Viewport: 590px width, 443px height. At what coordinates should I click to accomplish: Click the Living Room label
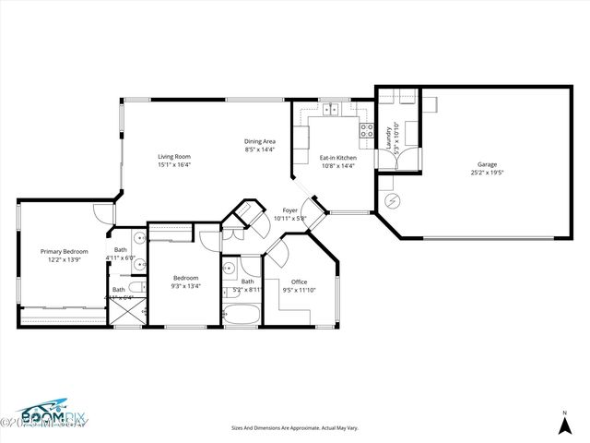pos(174,157)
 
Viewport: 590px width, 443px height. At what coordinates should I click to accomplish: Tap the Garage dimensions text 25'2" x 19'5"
pos(488,173)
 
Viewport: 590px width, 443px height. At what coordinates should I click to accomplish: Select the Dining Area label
pos(260,141)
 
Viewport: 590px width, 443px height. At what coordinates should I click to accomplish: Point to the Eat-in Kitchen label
pos(337,158)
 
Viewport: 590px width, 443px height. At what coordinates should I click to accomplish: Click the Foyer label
pos(289,210)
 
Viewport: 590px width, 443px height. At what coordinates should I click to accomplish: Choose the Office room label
pos(299,281)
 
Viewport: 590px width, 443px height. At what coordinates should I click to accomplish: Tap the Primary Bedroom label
pos(64,251)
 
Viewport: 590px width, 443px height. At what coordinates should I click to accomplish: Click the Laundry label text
pos(388,137)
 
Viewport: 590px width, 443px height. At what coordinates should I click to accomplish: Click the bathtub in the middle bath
pos(242,316)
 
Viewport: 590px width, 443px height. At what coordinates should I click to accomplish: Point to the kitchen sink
pos(332,110)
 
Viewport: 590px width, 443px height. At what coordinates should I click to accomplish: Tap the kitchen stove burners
pos(366,130)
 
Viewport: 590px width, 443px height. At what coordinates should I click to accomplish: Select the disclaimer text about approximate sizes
pos(295,427)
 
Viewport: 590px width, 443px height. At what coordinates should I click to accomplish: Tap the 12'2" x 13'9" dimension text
pos(64,259)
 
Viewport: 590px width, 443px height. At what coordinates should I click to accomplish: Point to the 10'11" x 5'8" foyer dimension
pos(289,219)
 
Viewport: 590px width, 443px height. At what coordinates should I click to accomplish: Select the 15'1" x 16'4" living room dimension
pos(174,165)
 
